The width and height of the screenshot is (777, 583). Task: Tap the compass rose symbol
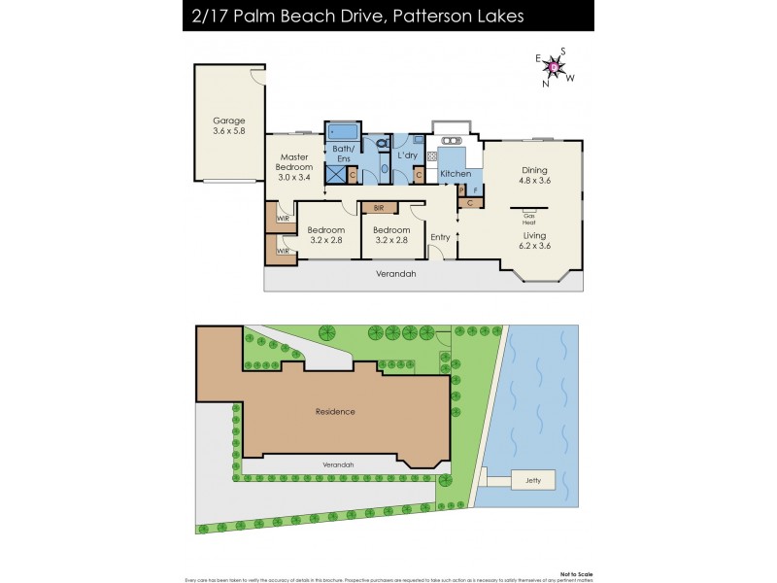pos(554,67)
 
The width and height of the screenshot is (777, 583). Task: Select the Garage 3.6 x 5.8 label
pos(229,126)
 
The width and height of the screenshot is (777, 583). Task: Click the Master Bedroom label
pos(294,167)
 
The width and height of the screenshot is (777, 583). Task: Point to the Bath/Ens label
pos(342,153)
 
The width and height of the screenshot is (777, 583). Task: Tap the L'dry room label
pos(408,155)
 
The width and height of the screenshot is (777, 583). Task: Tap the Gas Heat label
pos(529,219)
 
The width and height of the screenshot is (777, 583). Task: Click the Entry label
pos(440,236)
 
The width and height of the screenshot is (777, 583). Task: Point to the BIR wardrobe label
pos(378,207)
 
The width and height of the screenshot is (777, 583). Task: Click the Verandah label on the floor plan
pos(395,274)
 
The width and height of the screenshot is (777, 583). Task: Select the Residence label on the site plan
pos(335,411)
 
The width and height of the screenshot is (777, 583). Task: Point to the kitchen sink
pos(452,140)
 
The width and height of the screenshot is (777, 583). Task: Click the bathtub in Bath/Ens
pos(342,132)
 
